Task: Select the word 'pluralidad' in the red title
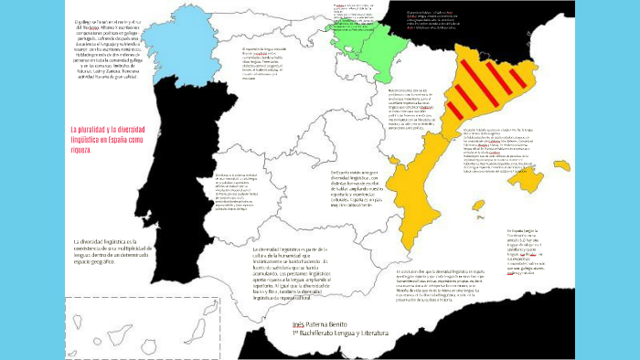[x=101, y=130]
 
